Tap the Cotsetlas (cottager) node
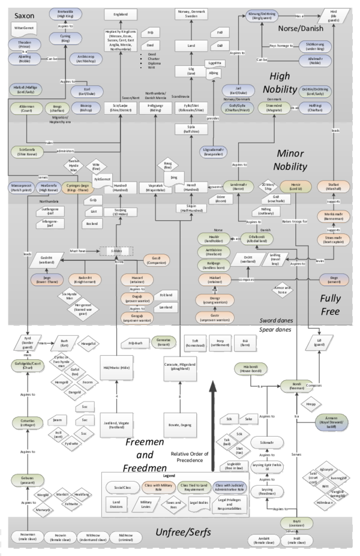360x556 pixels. tap(23, 423)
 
